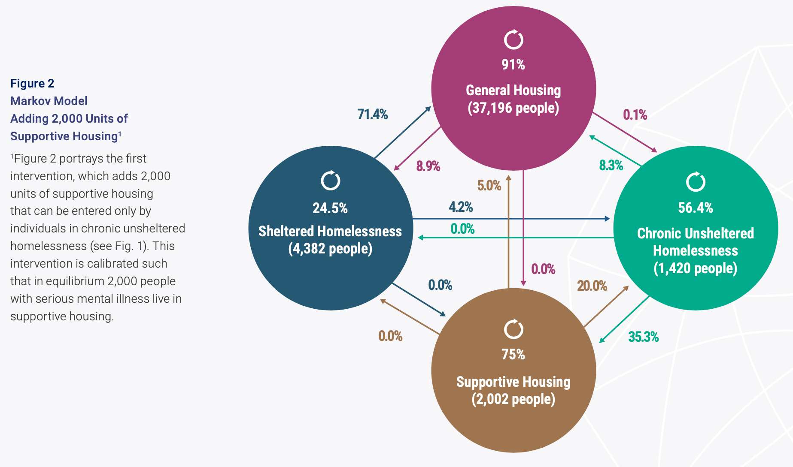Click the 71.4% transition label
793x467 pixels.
(x=372, y=114)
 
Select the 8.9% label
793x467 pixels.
(x=428, y=166)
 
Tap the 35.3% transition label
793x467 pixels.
(x=643, y=337)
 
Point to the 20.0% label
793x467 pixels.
(x=592, y=286)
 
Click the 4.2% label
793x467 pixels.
(x=461, y=207)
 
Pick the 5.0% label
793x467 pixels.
(x=489, y=185)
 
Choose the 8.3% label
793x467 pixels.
(x=611, y=165)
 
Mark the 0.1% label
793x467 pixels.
(x=635, y=114)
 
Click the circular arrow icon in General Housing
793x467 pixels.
(x=513, y=40)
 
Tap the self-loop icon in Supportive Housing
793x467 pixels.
(x=513, y=329)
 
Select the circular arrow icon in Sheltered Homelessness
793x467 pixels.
(x=331, y=181)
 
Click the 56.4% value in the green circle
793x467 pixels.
(x=696, y=208)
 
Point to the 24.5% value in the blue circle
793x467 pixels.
(x=330, y=208)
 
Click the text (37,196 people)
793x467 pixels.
(x=513, y=108)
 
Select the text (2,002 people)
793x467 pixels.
(x=513, y=399)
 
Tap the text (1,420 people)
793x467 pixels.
(x=696, y=268)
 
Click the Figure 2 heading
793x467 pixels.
(x=32, y=83)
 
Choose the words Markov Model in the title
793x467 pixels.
(x=49, y=101)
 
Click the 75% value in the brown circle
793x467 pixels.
(x=513, y=354)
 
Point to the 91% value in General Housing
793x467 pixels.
(x=513, y=64)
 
